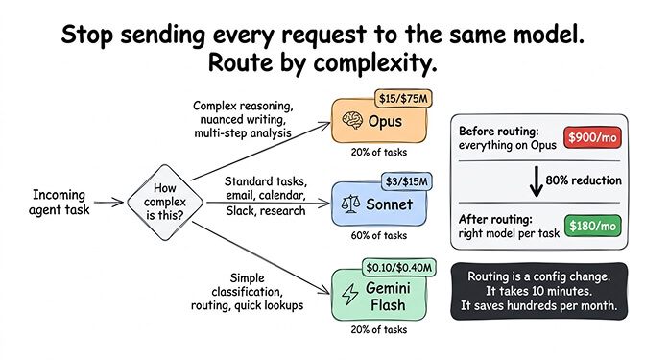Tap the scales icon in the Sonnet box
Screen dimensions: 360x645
point(347,204)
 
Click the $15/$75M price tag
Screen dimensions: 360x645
point(403,98)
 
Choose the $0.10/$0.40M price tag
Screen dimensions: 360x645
point(398,265)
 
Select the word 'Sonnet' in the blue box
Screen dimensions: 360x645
point(391,205)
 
